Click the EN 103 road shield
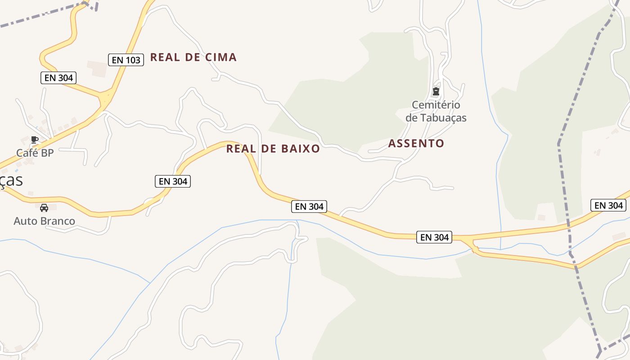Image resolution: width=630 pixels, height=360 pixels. coord(126,60)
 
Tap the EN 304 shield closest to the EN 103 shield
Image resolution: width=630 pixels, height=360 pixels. coord(58,78)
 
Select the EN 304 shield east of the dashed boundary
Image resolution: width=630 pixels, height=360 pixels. coord(608,206)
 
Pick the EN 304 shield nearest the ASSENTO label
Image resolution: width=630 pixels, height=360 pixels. coord(435,237)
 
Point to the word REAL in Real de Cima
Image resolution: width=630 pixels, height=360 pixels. coord(165,57)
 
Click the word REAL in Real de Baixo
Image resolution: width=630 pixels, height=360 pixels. coord(241,149)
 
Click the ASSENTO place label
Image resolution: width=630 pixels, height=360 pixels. coord(416,144)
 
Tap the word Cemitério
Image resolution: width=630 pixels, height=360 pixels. coord(436,105)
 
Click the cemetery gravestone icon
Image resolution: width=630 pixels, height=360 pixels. coord(436,92)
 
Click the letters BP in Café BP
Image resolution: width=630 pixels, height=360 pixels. coord(47,153)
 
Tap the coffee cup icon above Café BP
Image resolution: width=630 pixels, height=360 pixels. coord(35,140)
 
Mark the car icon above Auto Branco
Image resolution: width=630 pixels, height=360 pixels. coord(44,208)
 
